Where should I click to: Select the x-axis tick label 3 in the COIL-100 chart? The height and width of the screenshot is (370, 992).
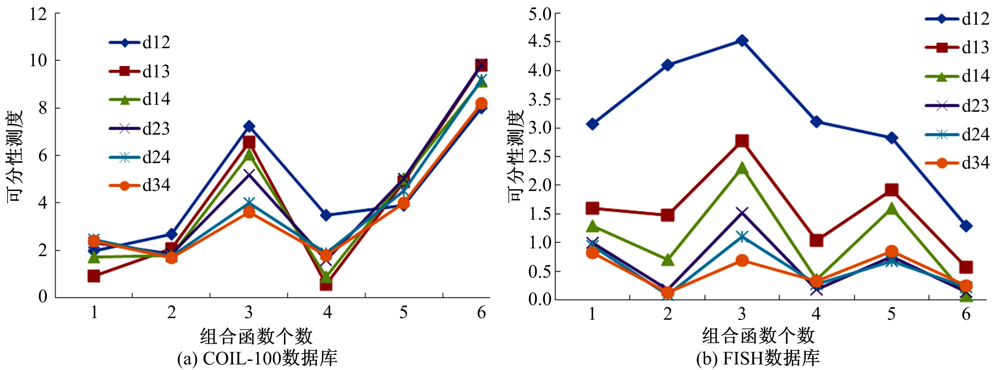tap(249, 312)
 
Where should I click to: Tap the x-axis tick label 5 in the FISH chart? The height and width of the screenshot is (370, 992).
tap(891, 314)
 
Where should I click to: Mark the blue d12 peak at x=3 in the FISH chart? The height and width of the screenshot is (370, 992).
tap(742, 41)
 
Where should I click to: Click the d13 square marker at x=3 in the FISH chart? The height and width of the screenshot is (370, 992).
tap(742, 141)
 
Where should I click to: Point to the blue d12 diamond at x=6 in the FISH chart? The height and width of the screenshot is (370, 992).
tap(966, 226)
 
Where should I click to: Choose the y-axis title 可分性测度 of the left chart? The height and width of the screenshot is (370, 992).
tap(15, 156)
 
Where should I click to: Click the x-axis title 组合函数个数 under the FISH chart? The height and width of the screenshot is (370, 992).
tap(758, 336)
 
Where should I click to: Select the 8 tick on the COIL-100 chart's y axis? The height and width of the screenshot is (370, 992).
tap(42, 108)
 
